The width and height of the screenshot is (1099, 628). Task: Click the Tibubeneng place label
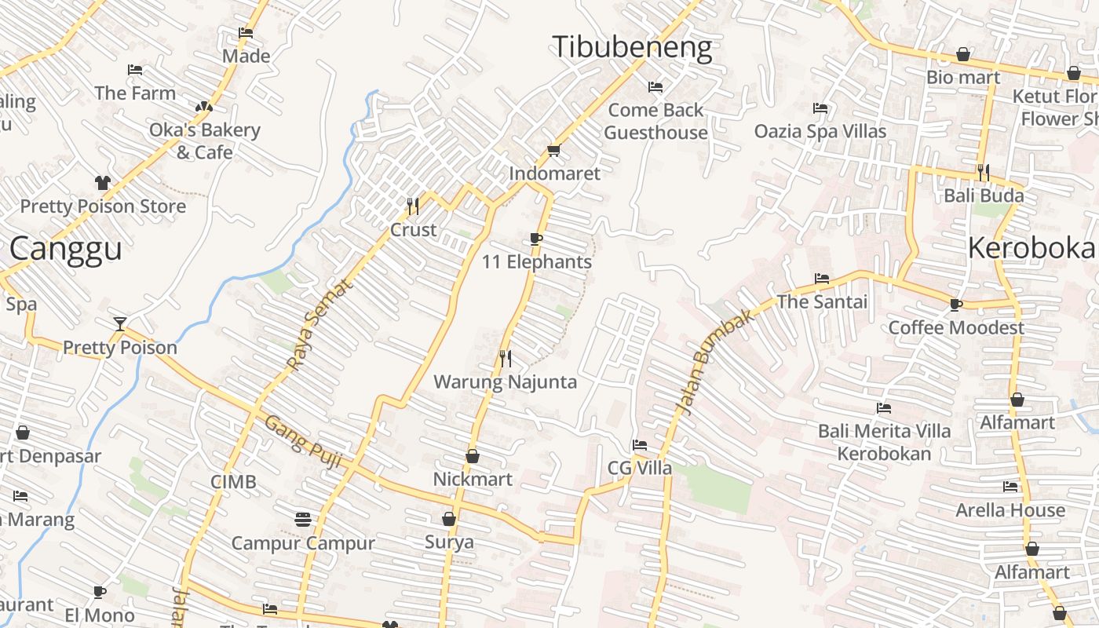pyautogui.click(x=632, y=47)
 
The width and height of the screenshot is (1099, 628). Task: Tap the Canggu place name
pyautogui.click(x=66, y=249)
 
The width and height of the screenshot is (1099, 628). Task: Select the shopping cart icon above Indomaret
pyautogui.click(x=553, y=150)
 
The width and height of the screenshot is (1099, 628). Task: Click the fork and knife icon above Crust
pyautogui.click(x=413, y=206)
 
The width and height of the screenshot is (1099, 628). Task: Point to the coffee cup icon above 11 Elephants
pyautogui.click(x=536, y=239)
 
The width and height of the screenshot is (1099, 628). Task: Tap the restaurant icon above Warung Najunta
pyautogui.click(x=506, y=359)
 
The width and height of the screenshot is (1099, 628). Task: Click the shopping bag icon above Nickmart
pyautogui.click(x=473, y=456)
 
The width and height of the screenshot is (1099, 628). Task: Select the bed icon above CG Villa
pyautogui.click(x=640, y=445)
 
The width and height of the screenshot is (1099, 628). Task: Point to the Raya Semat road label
pyautogui.click(x=319, y=324)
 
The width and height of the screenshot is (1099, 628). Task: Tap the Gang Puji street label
pyautogui.click(x=302, y=443)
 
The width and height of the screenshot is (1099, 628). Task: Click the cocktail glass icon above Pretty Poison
pyautogui.click(x=119, y=323)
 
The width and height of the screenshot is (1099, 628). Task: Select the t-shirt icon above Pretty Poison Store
pyautogui.click(x=103, y=183)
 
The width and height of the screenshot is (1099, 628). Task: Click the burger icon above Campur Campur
pyautogui.click(x=303, y=519)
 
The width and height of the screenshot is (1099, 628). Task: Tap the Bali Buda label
pyautogui.click(x=984, y=195)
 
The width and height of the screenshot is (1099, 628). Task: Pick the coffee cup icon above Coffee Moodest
pyautogui.click(x=955, y=305)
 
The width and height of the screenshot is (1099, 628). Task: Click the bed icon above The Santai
pyautogui.click(x=822, y=279)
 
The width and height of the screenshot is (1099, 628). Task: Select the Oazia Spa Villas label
pyautogui.click(x=820, y=131)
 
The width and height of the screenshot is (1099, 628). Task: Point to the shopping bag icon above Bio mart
pyautogui.click(x=963, y=54)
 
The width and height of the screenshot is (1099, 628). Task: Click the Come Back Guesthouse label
pyautogui.click(x=655, y=121)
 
